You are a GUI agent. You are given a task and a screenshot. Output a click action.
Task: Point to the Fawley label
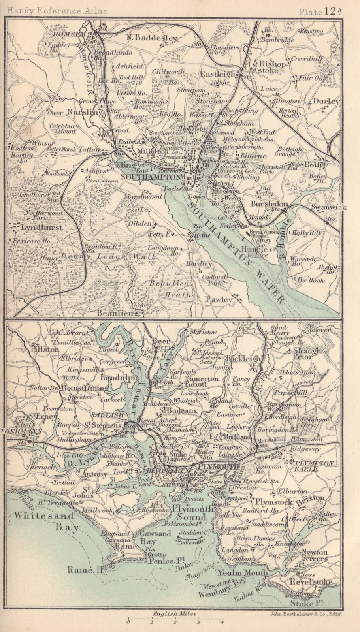[219, 300]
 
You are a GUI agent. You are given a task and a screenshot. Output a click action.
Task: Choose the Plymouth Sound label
[191, 513]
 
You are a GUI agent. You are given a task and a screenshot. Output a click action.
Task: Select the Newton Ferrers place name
[315, 556]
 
